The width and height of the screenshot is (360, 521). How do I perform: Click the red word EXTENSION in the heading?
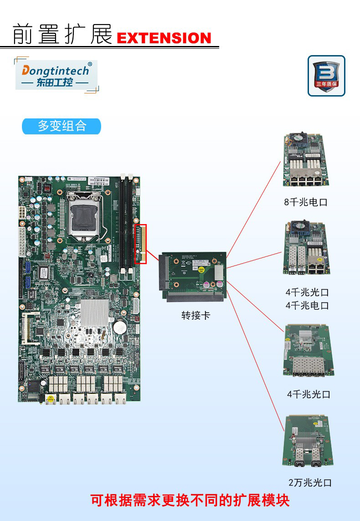(164, 38)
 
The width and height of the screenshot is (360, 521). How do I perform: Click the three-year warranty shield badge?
(326, 75)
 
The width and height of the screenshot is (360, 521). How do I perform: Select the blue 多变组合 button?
(62, 126)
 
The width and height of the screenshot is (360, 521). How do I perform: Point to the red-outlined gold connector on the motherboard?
(140, 244)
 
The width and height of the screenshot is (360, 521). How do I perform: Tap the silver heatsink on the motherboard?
(94, 313)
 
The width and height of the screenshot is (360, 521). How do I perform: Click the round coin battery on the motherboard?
(119, 327)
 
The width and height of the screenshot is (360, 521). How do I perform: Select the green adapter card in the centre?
(192, 278)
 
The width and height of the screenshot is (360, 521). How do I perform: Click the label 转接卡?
(196, 315)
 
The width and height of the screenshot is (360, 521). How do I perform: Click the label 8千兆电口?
(306, 202)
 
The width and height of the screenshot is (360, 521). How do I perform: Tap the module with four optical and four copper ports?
(306, 248)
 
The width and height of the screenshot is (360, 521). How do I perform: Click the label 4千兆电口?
(307, 305)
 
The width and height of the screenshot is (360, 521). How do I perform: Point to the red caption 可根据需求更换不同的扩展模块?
(190, 501)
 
